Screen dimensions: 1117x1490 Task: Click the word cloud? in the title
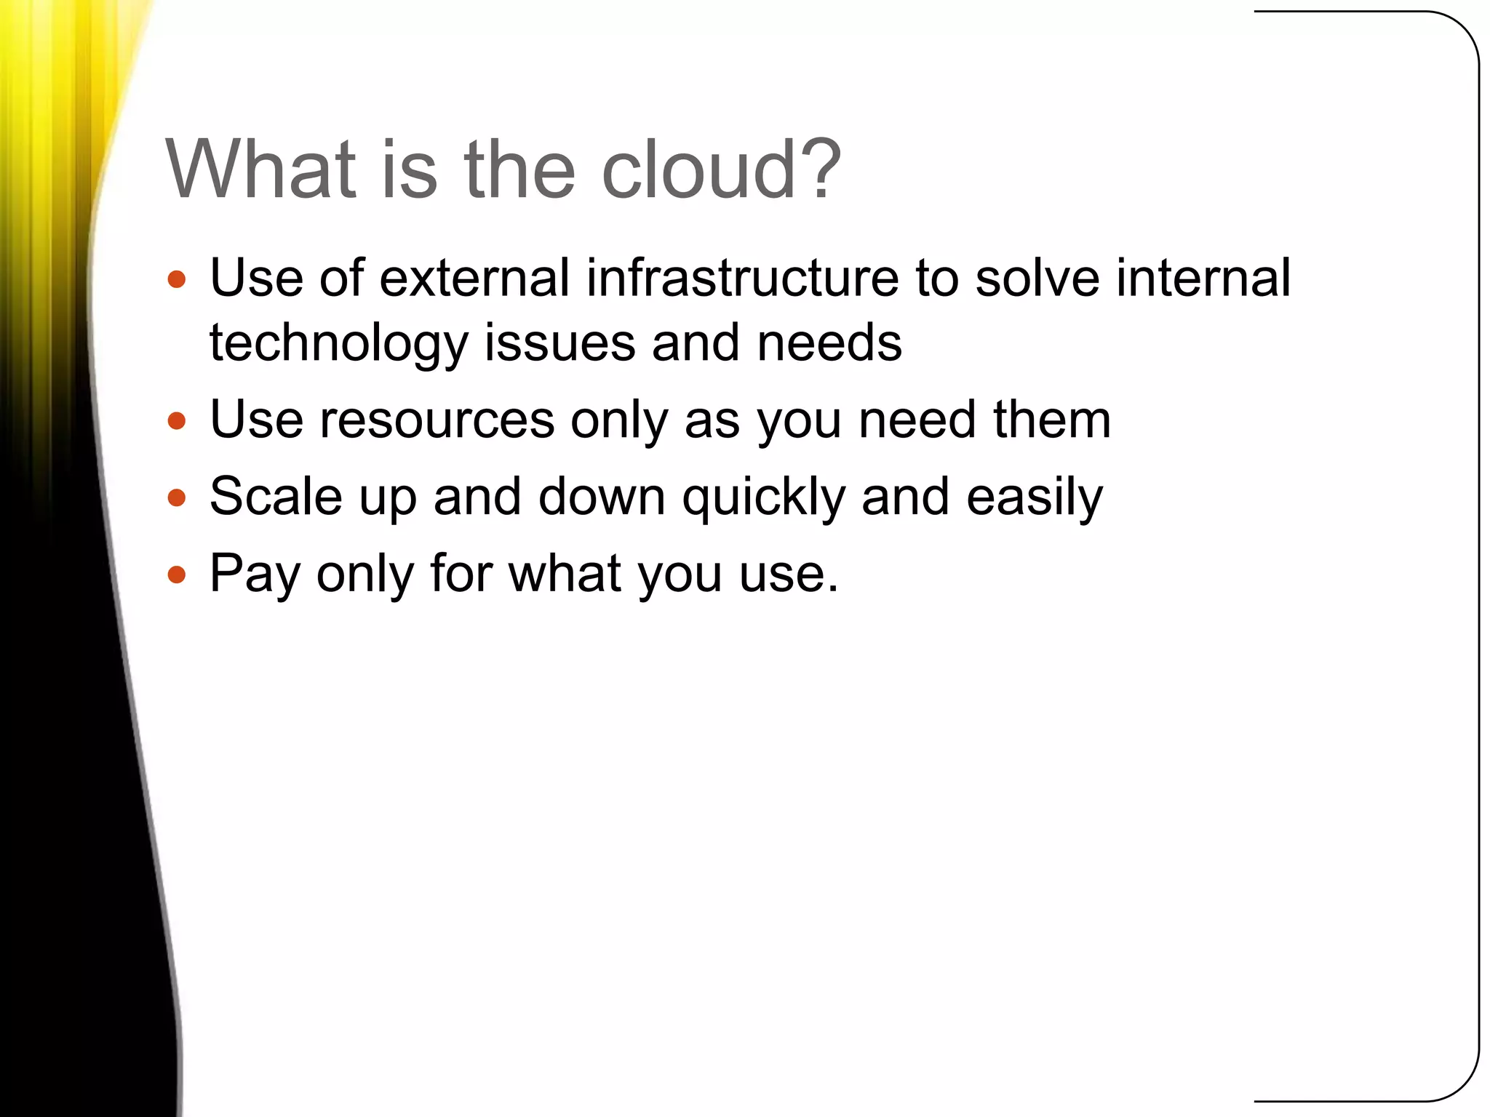tap(720, 169)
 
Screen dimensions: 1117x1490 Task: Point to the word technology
tap(338, 343)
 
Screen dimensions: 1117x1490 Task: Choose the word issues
tap(559, 343)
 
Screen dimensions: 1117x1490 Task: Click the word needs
tap(829, 343)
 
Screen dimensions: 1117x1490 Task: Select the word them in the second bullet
tap(1051, 420)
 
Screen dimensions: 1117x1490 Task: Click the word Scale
tap(276, 497)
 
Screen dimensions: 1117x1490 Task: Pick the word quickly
tap(763, 498)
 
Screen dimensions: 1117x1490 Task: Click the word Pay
tap(255, 574)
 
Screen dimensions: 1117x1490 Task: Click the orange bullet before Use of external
tap(177, 280)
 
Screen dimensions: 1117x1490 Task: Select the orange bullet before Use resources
tap(177, 421)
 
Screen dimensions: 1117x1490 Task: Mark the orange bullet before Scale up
tap(177, 498)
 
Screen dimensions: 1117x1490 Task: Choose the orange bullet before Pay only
tap(177, 575)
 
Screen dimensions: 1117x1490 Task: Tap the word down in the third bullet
tap(602, 497)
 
